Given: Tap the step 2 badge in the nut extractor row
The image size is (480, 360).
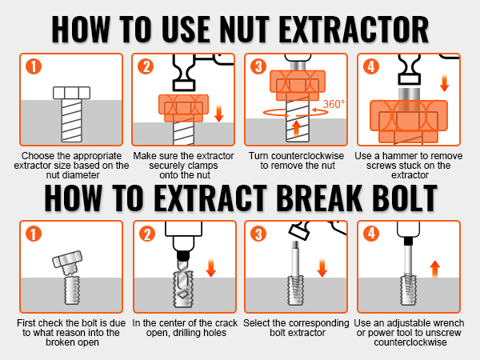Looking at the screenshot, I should point(146,67).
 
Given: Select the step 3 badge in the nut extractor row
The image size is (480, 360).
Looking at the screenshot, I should point(258,67).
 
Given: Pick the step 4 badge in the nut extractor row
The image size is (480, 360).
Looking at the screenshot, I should point(370,67).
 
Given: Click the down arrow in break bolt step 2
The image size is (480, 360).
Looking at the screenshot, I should point(212,267).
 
